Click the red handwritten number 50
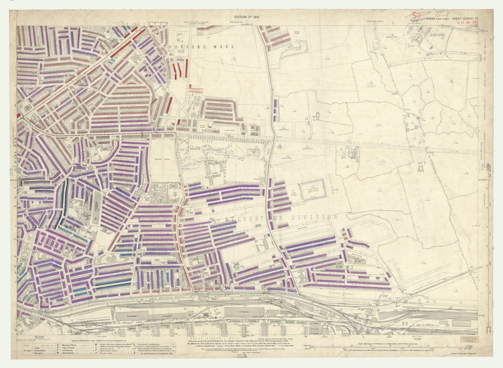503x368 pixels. click(x=416, y=15)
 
